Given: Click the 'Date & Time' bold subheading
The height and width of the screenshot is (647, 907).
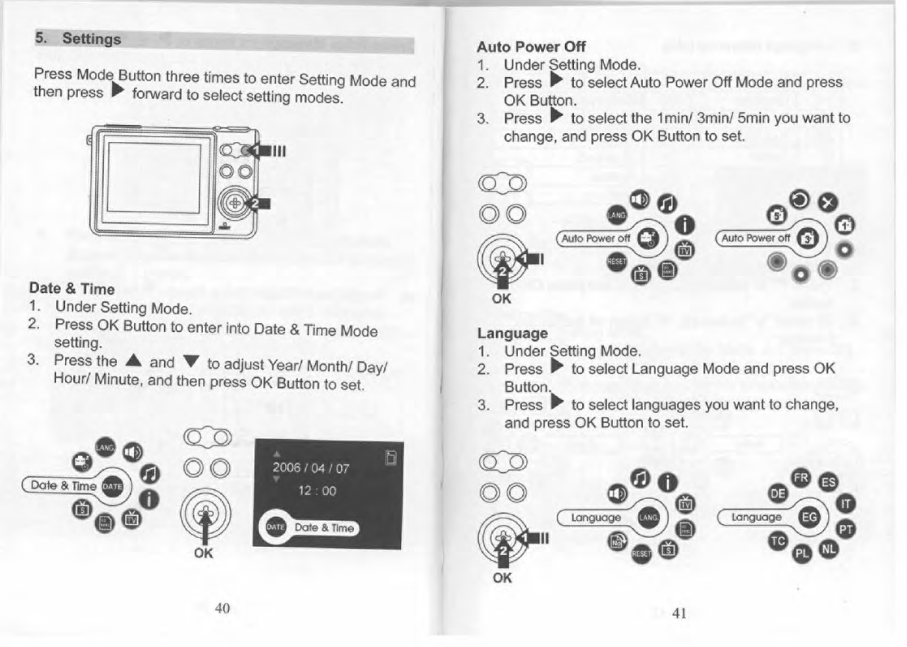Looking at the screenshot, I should (x=71, y=288).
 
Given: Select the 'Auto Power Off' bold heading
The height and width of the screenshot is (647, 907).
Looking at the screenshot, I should (x=531, y=46).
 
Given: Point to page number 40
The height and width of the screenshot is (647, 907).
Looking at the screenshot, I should (x=222, y=607).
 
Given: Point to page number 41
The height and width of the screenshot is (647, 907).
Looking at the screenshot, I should (x=679, y=613).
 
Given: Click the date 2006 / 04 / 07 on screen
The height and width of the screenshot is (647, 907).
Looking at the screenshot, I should (x=312, y=469).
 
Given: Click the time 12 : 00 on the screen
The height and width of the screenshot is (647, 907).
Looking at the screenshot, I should (x=317, y=491).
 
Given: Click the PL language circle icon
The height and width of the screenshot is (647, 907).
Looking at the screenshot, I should (x=802, y=554).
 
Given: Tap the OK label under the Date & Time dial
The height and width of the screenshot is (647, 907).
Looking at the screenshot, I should (x=203, y=554).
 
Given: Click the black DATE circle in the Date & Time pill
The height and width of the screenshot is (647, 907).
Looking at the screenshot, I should (x=111, y=485).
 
